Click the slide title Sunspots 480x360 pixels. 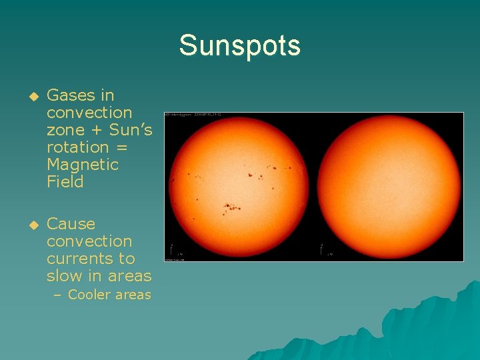pyautogui.click(x=239, y=46)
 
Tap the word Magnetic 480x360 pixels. pyautogui.click(x=83, y=165)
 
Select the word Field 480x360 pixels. pyautogui.click(x=65, y=182)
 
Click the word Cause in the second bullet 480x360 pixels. pyautogui.click(x=71, y=224)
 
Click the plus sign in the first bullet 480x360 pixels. pyautogui.click(x=97, y=131)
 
